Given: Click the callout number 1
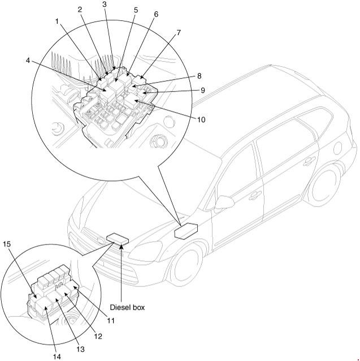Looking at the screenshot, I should (x=57, y=21).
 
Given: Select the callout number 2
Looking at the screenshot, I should (x=80, y=10).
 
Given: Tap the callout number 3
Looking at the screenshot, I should (x=105, y=5).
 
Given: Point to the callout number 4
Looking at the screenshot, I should (x=28, y=61).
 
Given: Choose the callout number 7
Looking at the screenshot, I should (x=178, y=32).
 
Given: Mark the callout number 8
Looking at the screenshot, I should (x=199, y=75).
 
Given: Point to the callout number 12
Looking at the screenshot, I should (x=98, y=337).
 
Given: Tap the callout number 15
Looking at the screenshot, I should (x=7, y=245).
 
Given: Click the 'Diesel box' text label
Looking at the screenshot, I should (x=127, y=307).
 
